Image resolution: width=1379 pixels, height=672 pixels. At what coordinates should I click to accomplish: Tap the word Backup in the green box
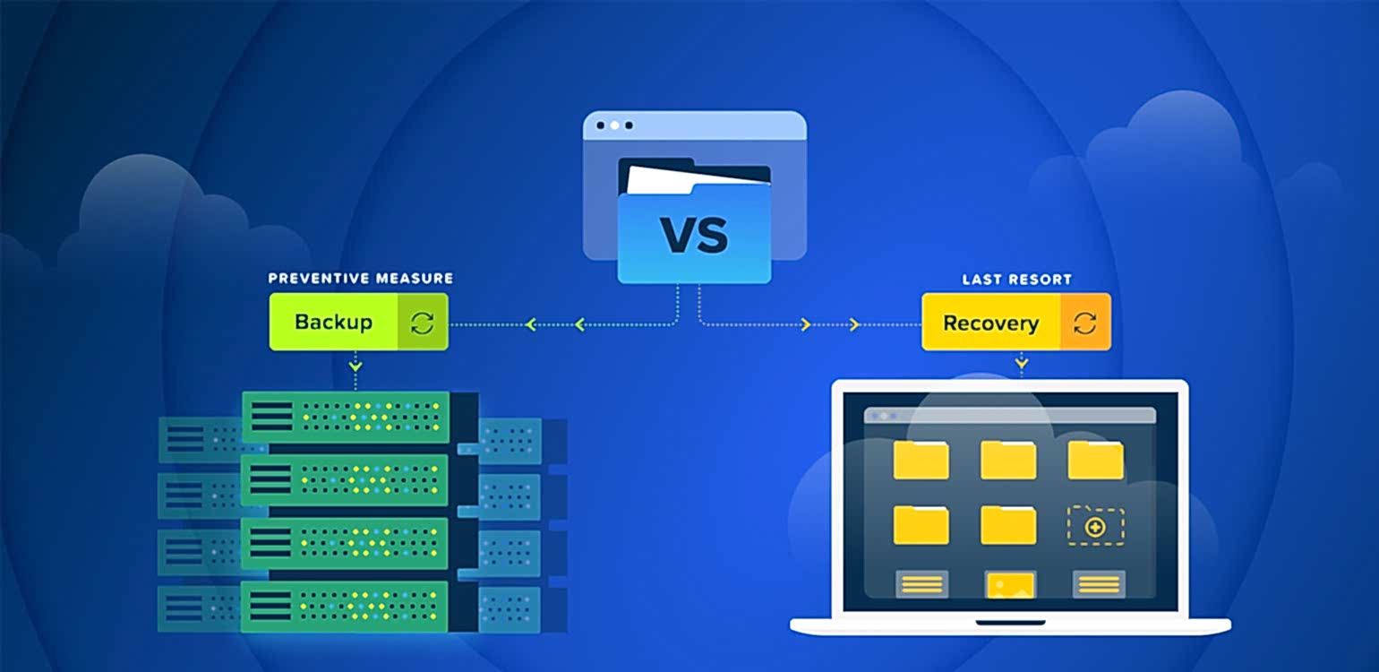point(333,323)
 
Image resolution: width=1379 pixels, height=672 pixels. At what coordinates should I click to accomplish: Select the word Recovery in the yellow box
point(990,323)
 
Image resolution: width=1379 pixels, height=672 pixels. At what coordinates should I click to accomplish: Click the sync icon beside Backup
point(422,323)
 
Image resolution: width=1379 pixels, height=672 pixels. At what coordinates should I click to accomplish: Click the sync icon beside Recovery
point(1084,323)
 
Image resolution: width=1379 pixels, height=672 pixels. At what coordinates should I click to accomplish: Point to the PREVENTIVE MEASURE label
point(360,279)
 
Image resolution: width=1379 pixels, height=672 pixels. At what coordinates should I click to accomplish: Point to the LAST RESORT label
point(1015,280)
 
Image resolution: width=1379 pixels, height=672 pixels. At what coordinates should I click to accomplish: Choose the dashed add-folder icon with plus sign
point(1094,527)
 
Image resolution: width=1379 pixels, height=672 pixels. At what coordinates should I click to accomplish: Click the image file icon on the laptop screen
point(1010,585)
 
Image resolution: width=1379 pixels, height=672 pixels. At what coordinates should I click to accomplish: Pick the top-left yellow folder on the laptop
point(921,460)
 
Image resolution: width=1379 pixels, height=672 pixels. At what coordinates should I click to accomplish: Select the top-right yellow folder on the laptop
point(1095,460)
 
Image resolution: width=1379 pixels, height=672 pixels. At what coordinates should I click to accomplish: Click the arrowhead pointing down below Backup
point(355,366)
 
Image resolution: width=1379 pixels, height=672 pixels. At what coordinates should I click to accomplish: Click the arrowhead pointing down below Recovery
point(1022,363)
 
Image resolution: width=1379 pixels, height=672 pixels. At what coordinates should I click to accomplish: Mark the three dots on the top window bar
point(613,125)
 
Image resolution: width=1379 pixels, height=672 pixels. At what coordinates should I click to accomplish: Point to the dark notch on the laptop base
point(1010,622)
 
